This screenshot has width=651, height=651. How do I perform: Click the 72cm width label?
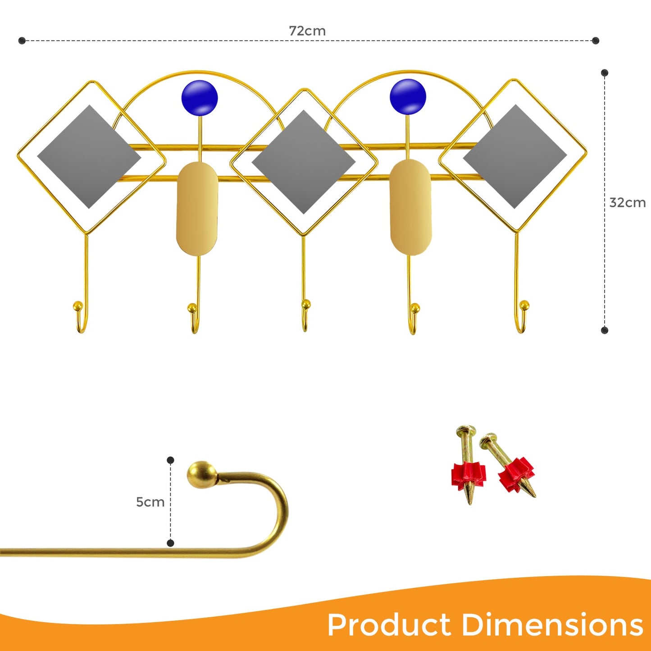point(307,31)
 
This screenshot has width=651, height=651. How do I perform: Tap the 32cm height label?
point(627,203)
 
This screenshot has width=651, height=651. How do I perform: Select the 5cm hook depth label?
point(150,502)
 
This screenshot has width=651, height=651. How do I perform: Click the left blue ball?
point(200,98)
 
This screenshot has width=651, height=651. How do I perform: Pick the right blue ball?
point(408,96)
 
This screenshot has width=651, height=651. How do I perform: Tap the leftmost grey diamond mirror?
point(89,157)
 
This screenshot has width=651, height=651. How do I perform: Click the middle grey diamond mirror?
point(304,162)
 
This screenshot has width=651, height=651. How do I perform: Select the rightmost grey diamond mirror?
point(515,156)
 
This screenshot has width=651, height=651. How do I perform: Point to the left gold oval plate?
point(197,209)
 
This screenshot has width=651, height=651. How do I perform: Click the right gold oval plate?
point(410,207)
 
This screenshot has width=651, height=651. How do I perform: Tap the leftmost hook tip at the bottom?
point(78,306)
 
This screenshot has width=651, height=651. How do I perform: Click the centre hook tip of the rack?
point(306,305)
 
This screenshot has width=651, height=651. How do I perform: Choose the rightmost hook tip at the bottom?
point(524,305)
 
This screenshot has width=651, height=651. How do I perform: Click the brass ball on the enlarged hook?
point(201,474)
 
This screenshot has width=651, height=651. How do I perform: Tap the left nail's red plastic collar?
point(469,475)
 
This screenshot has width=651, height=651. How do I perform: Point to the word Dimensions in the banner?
point(552,625)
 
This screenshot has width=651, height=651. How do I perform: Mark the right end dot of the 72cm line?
point(596,41)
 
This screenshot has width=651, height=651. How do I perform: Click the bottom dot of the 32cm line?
point(605,330)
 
